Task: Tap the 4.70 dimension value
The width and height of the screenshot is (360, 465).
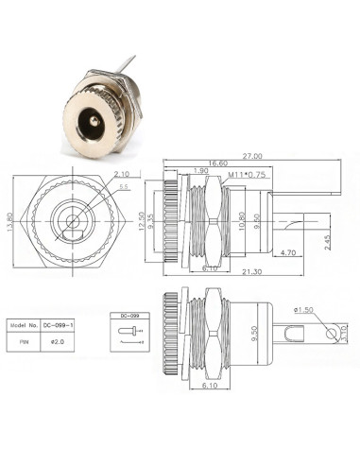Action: (x=289, y=252)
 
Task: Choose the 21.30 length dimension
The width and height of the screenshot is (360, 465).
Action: (x=251, y=274)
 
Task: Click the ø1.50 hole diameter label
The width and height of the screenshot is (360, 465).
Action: (x=303, y=309)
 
